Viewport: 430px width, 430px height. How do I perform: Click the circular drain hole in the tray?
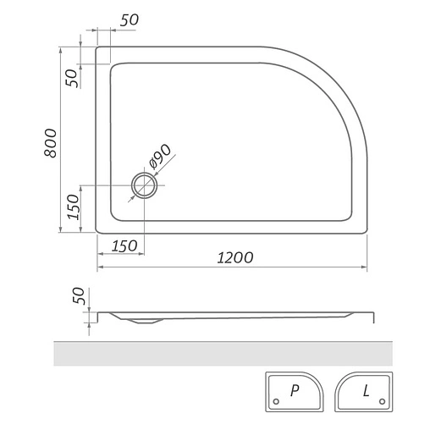point(143,185)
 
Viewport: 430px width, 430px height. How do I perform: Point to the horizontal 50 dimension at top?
point(130,20)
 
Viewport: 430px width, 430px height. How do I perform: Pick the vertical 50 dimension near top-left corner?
point(73,77)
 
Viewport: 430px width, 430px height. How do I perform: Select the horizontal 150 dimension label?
point(124,245)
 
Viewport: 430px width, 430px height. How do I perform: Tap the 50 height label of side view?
point(79,298)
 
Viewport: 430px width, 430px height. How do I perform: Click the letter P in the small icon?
point(294,390)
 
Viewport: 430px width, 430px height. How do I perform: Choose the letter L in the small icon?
point(366,390)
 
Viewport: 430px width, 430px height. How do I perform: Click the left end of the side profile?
point(98,315)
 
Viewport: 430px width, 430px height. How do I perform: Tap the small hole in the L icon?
point(382,402)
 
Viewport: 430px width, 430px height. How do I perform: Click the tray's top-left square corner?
point(97,48)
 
